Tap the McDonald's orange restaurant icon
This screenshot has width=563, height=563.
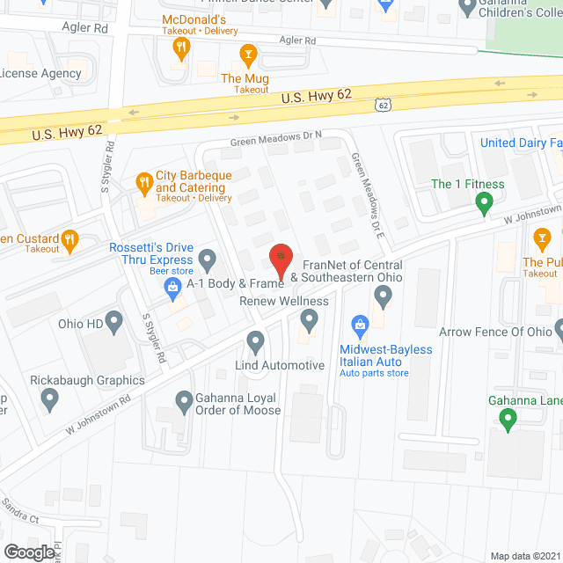pyautogui.click(x=181, y=46)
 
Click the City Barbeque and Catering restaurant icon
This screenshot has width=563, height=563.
pyautogui.click(x=143, y=182)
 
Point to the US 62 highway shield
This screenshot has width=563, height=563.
pyautogui.click(x=383, y=105)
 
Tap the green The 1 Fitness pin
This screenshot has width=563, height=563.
pyautogui.click(x=483, y=205)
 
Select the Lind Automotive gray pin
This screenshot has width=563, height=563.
pyautogui.click(x=255, y=340)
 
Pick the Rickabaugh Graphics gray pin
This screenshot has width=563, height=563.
pyautogui.click(x=50, y=401)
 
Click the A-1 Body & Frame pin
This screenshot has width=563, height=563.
pyautogui.click(x=208, y=260)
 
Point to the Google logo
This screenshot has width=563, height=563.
pyautogui.click(x=28, y=552)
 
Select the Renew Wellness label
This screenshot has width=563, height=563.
pyautogui.click(x=284, y=302)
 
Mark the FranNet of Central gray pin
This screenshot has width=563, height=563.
pyautogui.click(x=382, y=296)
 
